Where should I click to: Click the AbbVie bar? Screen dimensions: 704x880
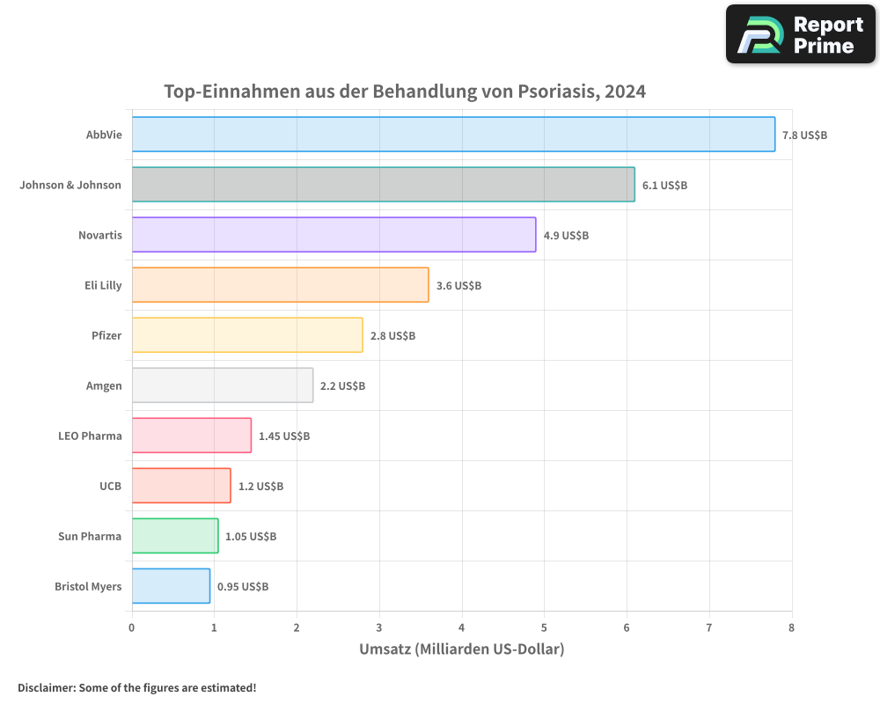click(453, 135)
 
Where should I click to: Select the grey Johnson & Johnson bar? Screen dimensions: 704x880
click(383, 185)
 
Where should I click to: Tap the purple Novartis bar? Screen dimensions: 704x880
click(334, 235)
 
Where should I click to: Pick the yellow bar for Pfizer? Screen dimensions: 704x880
click(247, 335)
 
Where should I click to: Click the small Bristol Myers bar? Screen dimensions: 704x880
click(171, 586)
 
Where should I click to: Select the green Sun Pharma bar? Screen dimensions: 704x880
click(175, 536)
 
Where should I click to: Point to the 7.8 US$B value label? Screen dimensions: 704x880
click(804, 136)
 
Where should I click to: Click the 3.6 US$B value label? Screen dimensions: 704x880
click(458, 286)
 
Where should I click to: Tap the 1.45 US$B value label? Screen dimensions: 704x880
click(283, 436)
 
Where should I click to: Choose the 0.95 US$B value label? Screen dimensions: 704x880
click(243, 587)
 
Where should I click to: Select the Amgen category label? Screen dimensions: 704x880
click(104, 386)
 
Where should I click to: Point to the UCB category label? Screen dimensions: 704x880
click(110, 486)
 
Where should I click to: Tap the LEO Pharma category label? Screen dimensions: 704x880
click(90, 436)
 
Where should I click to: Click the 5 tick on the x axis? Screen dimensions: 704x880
click(544, 628)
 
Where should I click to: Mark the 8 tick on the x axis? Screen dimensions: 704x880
click(791, 628)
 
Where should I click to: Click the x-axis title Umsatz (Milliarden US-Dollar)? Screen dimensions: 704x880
click(461, 649)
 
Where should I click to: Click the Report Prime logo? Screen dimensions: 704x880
click(800, 34)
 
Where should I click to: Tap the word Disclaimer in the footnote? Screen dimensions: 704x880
click(45, 688)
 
